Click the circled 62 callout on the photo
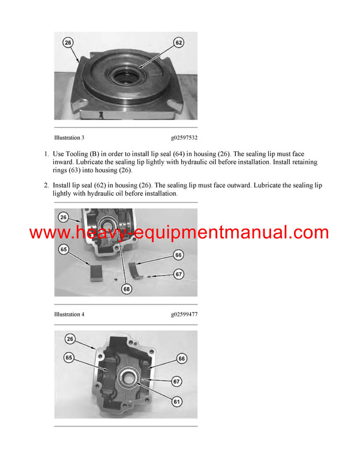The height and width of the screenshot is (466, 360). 179,43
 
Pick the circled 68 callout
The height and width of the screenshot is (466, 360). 127,289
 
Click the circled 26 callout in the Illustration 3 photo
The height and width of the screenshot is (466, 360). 67,43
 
